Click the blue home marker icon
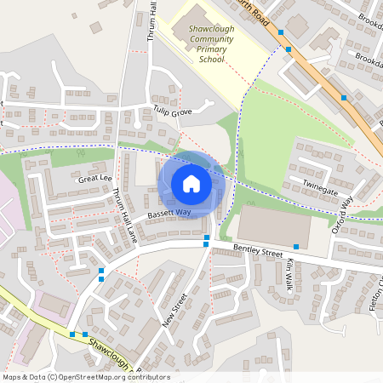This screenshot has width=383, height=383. (191, 183)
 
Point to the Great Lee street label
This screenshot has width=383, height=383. (94, 179)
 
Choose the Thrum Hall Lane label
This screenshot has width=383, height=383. (124, 214)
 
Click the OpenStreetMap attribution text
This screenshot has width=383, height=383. (85, 376)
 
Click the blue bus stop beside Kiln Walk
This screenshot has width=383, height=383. (295, 246)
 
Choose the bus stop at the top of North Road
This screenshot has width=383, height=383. (281, 32)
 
